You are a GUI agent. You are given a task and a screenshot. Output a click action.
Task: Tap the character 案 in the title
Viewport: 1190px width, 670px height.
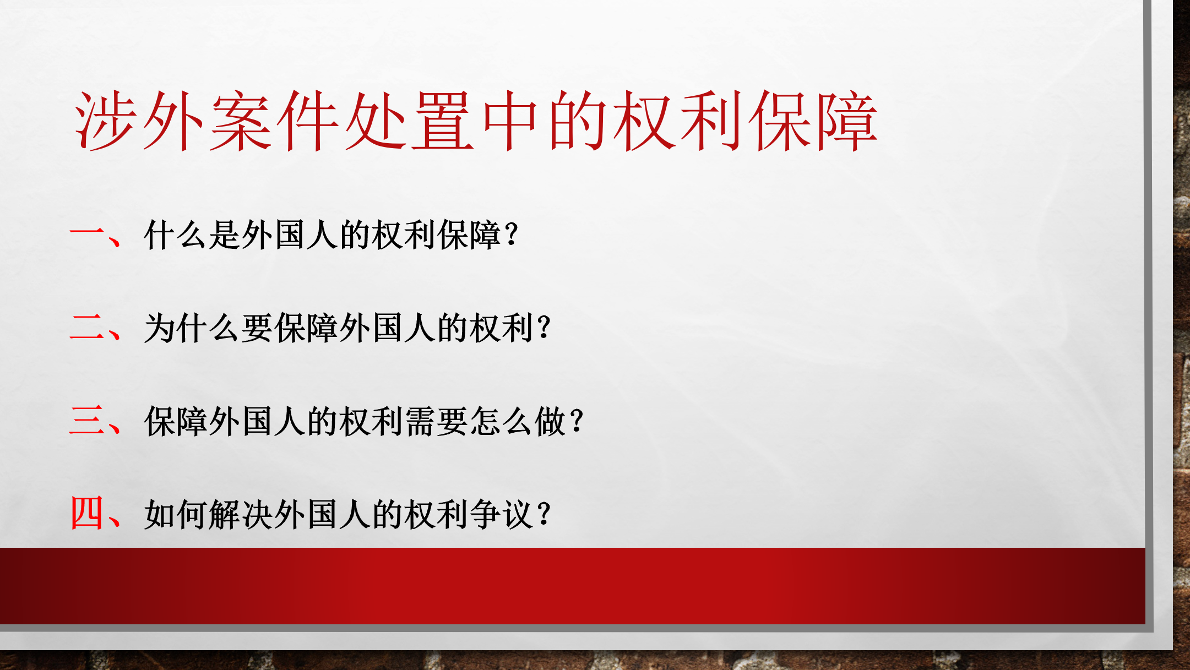(x=241, y=121)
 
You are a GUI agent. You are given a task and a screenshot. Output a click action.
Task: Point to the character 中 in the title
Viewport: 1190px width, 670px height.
(x=510, y=121)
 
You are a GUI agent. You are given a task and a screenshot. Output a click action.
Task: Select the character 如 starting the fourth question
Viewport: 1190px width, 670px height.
(x=160, y=514)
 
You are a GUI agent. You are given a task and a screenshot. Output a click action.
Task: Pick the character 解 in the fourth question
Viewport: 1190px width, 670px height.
(x=225, y=514)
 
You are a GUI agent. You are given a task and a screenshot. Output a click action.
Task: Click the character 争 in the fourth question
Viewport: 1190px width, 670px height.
(x=486, y=514)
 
